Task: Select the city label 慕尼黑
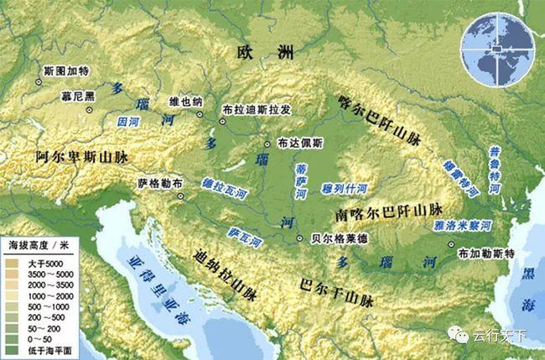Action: pyautogui.click(x=77, y=96)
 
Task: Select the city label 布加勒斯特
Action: pyautogui.click(x=487, y=253)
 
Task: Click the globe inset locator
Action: pyautogui.click(x=499, y=50)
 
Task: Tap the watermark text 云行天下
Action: pyautogui.click(x=498, y=336)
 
